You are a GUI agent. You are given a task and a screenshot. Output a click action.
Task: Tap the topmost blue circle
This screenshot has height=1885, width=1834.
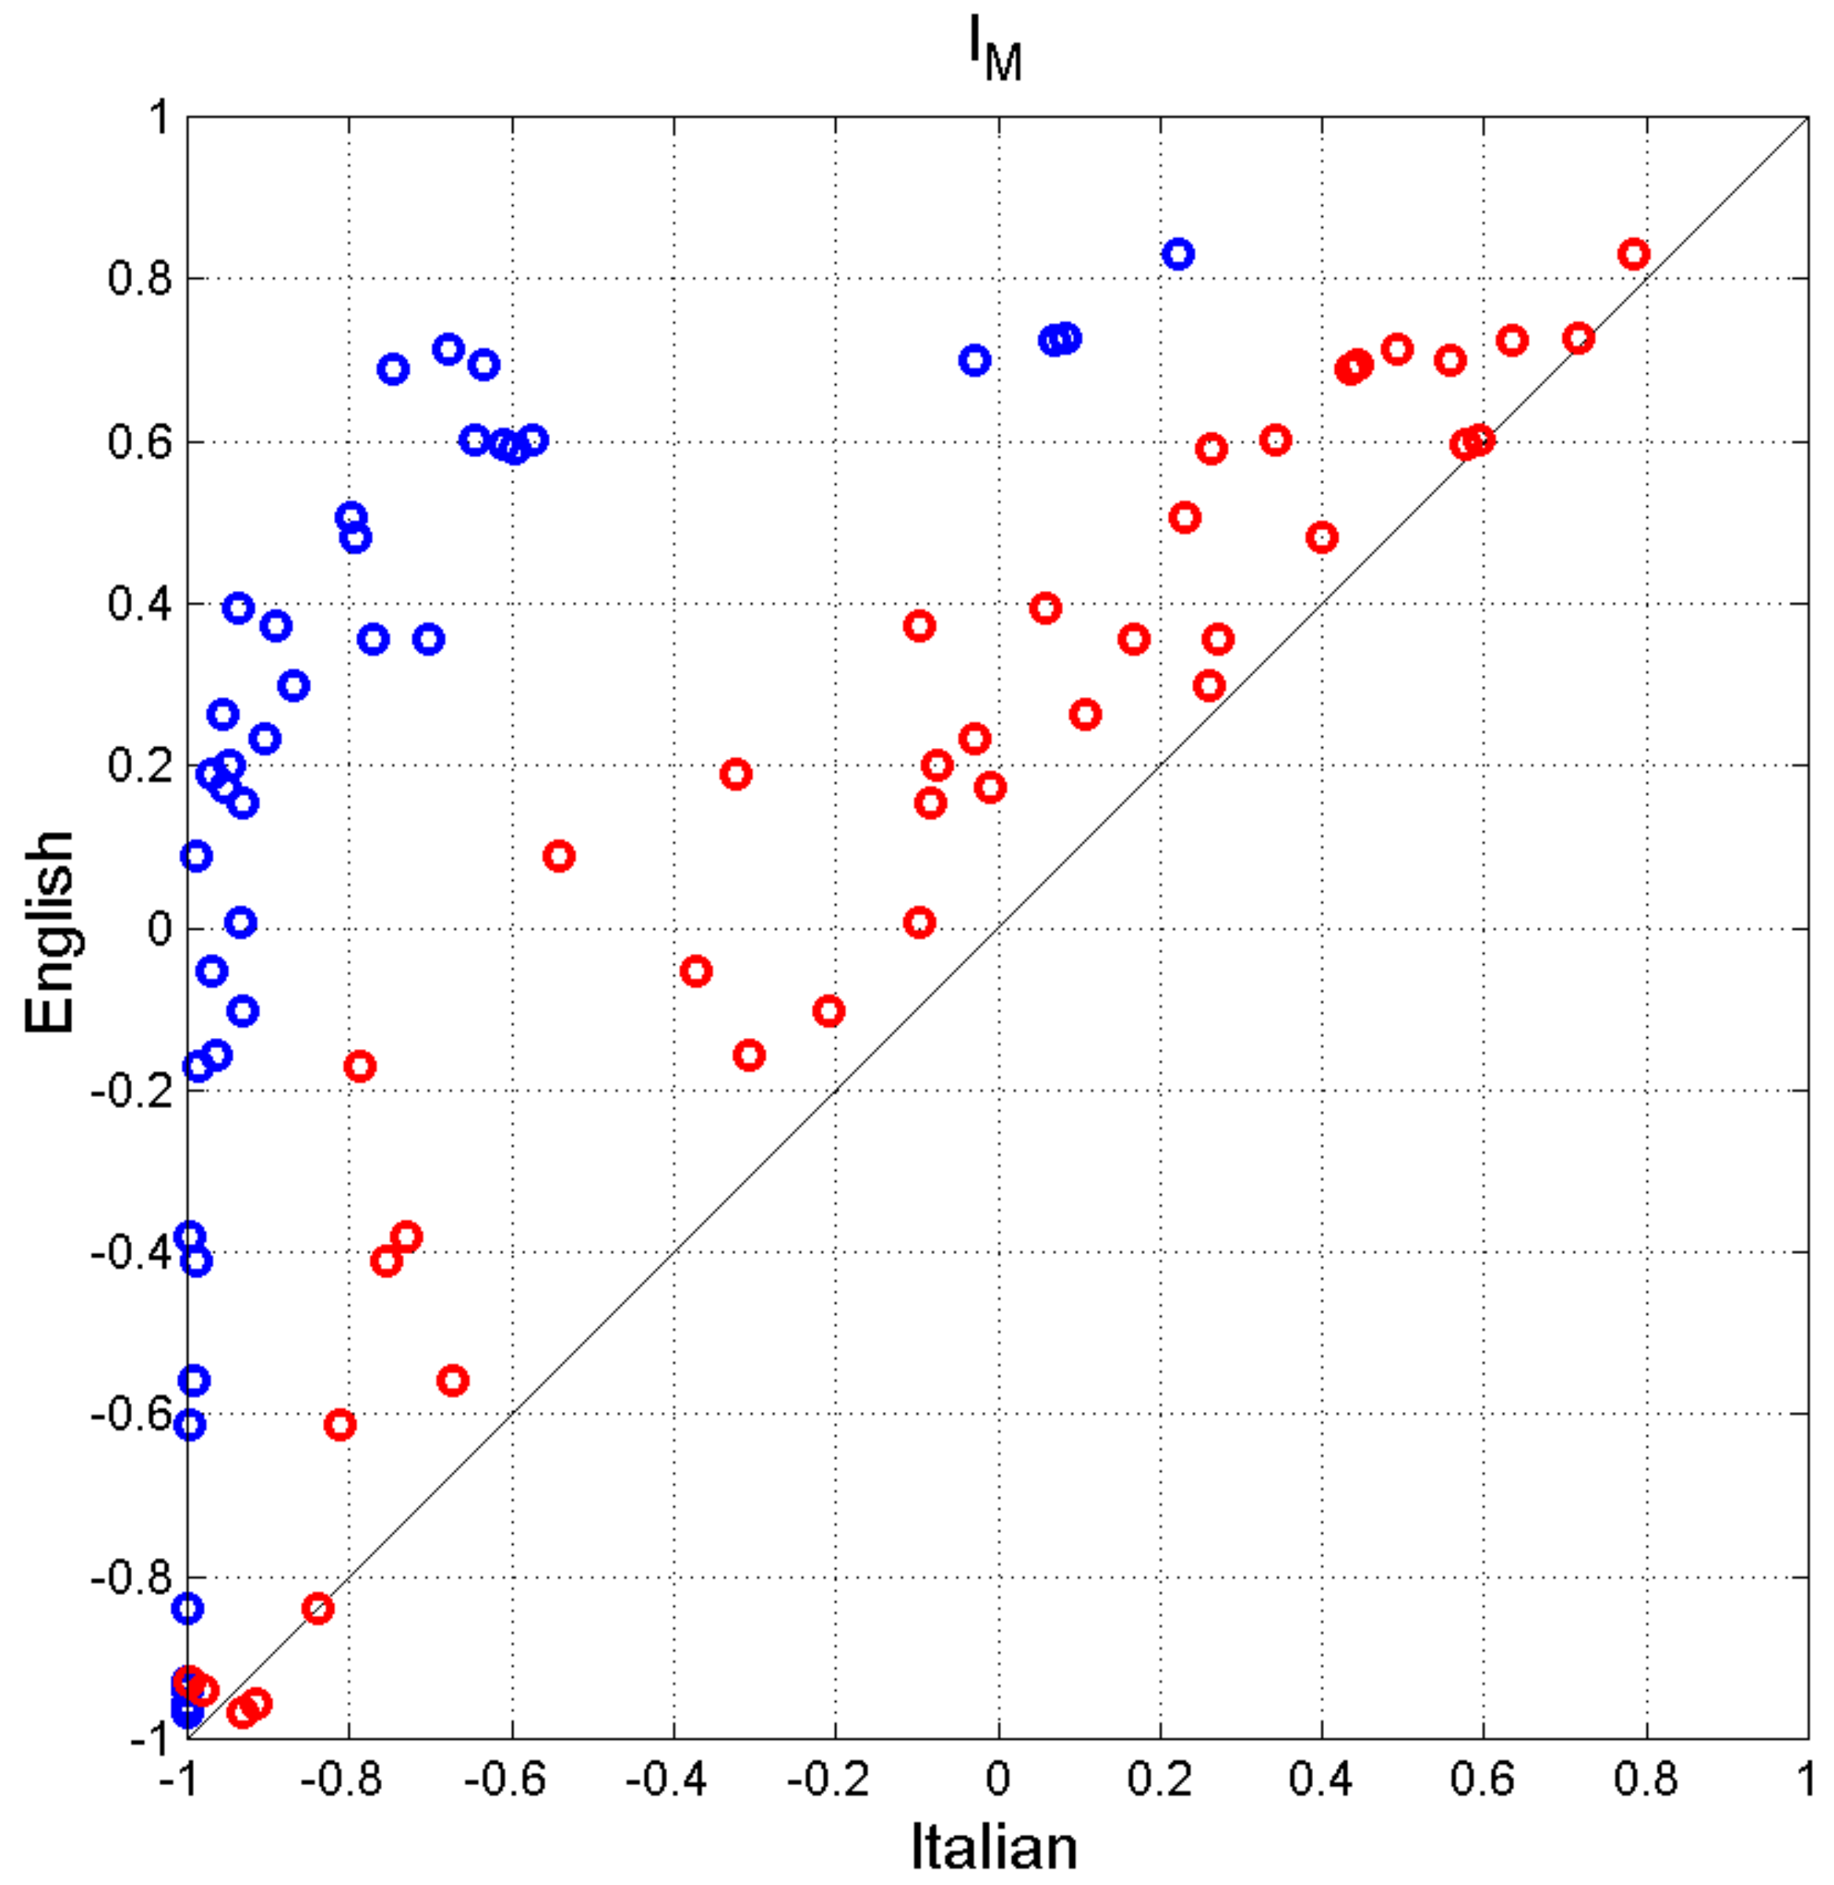1177,255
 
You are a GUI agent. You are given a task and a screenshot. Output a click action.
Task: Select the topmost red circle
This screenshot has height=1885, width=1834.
1633,255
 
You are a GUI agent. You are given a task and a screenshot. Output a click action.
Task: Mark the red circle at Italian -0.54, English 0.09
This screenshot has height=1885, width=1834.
559,856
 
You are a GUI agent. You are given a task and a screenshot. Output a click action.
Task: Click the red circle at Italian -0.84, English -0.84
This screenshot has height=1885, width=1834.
317,1608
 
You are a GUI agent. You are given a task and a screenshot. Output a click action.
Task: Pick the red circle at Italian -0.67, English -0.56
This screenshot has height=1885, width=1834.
453,1381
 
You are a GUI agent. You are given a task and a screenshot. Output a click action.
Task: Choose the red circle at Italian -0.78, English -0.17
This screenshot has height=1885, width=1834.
359,1066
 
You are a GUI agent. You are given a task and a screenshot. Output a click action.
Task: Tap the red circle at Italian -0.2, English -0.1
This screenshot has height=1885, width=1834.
828,1010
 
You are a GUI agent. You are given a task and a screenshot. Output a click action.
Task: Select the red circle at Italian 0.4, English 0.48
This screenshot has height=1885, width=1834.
1322,537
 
